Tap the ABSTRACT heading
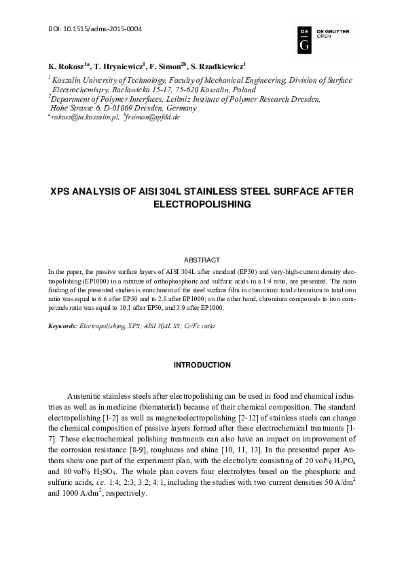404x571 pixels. [202, 260]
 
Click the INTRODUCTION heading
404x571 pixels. [202, 366]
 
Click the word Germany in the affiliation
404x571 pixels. [180, 108]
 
